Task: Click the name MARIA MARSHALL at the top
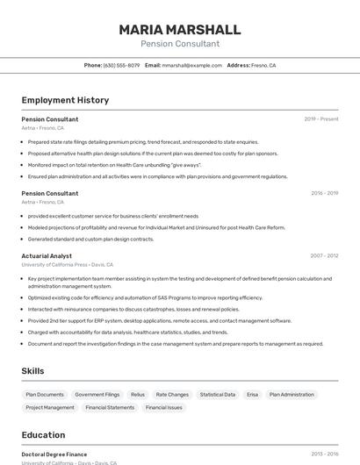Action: tap(179, 29)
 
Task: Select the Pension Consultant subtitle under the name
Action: tap(179, 44)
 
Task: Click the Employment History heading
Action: tap(65, 100)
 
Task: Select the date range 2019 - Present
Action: tap(320, 119)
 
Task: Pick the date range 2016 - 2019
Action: tap(324, 193)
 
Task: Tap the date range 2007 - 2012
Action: tap(324, 256)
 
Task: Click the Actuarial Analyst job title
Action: tap(47, 256)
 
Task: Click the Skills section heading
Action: tap(33, 371)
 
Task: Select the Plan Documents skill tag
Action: tap(45, 395)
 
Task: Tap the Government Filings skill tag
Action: tap(97, 395)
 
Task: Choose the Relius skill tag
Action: tap(138, 395)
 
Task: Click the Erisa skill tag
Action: tap(252, 395)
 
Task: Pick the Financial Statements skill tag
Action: tap(109, 408)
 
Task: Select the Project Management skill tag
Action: tap(50, 408)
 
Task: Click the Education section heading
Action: tap(43, 435)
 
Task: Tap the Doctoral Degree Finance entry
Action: tap(54, 454)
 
